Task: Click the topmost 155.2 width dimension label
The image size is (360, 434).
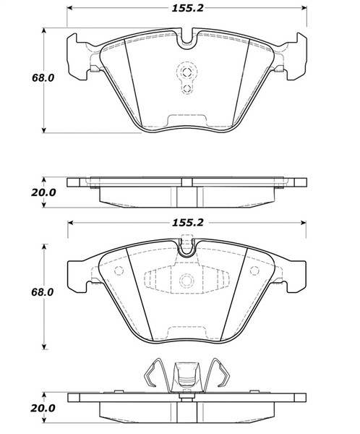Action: click(185, 9)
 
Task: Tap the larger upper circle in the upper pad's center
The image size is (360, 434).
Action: click(186, 72)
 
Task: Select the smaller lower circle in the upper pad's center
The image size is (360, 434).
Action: click(186, 89)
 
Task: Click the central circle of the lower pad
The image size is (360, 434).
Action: click(186, 283)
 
